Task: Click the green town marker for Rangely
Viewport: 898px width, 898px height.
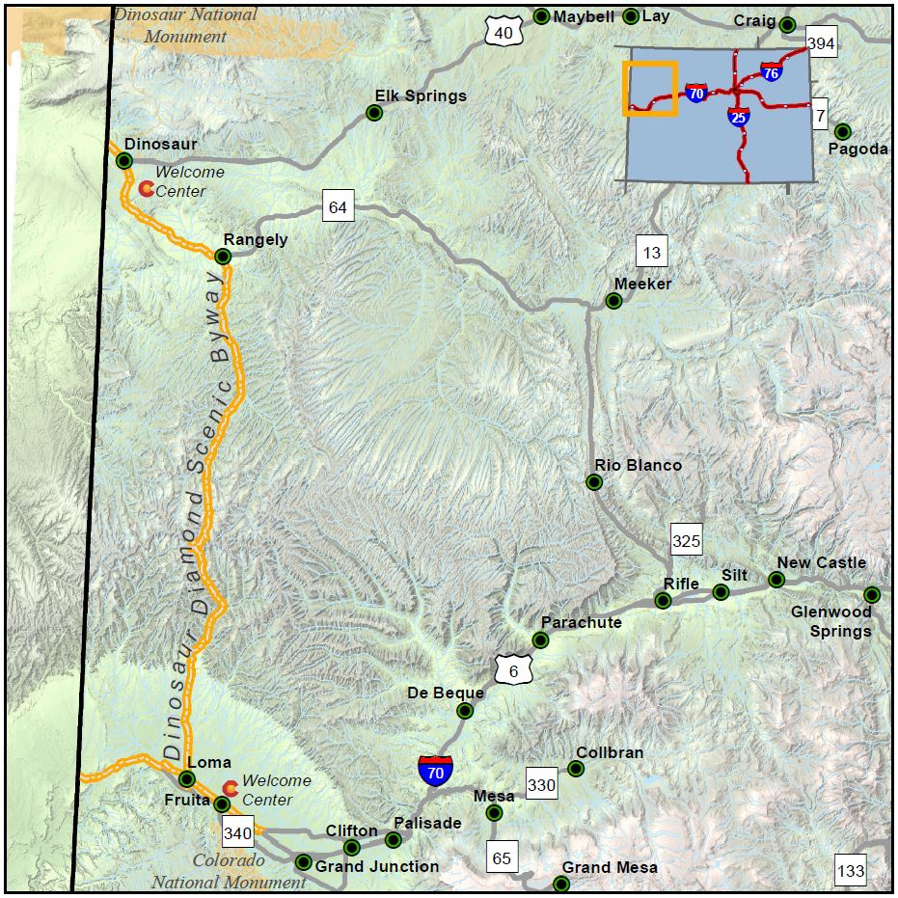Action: coord(223,257)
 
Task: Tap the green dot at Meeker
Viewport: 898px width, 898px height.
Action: coord(613,301)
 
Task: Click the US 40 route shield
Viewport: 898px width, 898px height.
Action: coord(503,33)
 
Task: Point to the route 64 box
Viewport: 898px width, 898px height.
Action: coord(338,206)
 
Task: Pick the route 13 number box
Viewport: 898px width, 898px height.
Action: coord(652,253)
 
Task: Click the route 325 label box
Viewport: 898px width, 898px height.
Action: coord(686,541)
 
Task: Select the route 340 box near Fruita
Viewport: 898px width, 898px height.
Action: coord(237,831)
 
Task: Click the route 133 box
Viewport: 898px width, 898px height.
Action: coord(852,871)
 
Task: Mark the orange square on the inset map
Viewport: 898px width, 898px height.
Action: coord(650,89)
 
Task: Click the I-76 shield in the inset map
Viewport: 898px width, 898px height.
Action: coord(771,72)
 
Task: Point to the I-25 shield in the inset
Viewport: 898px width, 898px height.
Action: coord(738,117)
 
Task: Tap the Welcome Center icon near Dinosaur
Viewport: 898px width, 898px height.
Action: coord(146,188)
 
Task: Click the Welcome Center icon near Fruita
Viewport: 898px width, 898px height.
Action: coord(230,788)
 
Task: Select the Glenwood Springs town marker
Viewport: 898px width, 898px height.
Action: coord(872,594)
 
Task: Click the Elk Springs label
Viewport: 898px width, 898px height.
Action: coord(421,95)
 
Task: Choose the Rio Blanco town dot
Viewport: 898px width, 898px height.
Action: coord(594,482)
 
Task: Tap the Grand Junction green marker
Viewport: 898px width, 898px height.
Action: coord(303,862)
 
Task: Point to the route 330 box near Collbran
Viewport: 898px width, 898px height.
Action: coord(542,785)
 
